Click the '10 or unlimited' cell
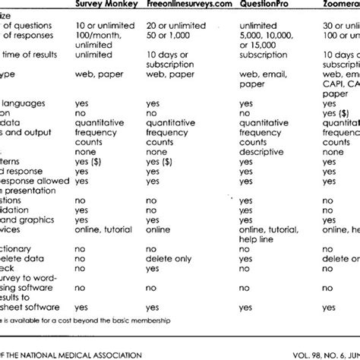[x=100, y=28]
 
